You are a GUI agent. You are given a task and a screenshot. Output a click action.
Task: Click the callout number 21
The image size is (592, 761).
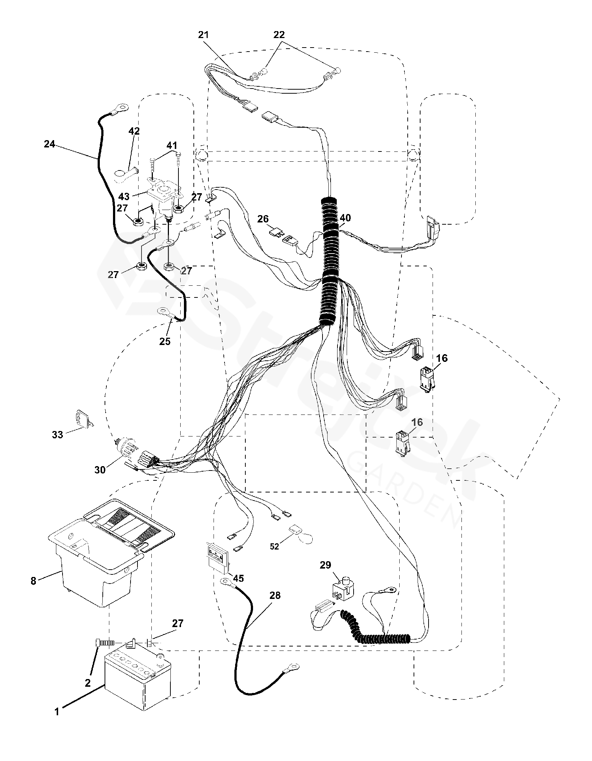(203, 35)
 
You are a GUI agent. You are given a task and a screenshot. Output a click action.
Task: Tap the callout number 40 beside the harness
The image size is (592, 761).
(345, 218)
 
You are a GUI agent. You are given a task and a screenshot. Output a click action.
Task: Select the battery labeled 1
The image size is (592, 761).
(138, 683)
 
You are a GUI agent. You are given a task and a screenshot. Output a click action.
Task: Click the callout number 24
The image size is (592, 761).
(49, 144)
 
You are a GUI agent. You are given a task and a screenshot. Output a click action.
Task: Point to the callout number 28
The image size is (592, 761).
(275, 595)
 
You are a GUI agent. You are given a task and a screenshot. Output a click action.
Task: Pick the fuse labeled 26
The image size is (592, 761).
(276, 232)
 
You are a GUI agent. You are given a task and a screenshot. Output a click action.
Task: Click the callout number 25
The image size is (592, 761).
(165, 341)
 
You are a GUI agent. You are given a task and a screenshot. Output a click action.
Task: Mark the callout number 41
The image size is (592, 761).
(171, 146)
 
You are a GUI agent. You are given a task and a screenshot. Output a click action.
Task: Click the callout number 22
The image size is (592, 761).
(279, 35)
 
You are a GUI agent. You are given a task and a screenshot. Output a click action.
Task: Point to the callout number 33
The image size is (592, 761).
(57, 435)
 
